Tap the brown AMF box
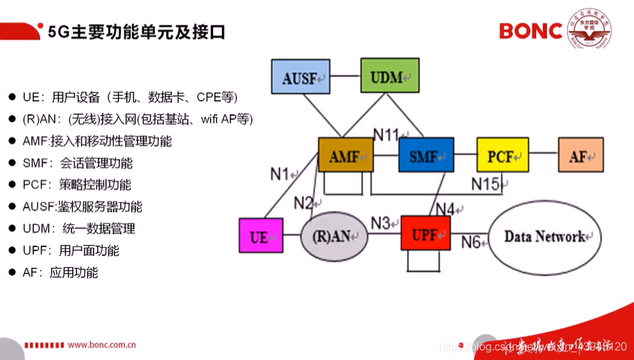click(x=345, y=155)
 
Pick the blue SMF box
click(x=425, y=155)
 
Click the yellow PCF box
click(x=502, y=155)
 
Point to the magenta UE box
click(x=261, y=236)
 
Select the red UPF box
click(x=425, y=234)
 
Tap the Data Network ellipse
click(x=545, y=237)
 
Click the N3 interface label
click(x=380, y=223)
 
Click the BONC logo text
click(x=531, y=31)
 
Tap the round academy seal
click(x=589, y=30)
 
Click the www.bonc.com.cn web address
click(x=101, y=345)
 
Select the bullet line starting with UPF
click(x=70, y=250)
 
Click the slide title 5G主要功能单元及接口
click(x=135, y=32)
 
